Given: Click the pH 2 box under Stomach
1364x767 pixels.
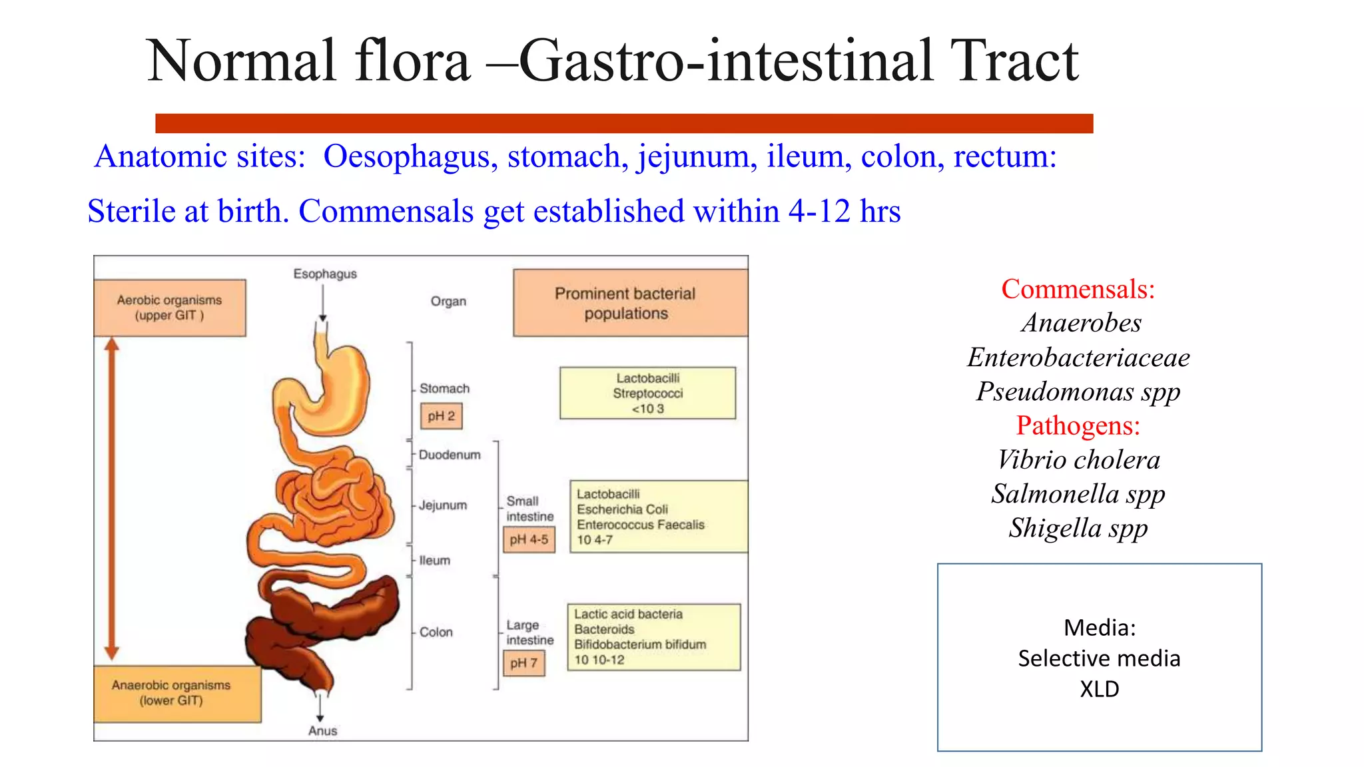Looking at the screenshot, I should click(441, 416).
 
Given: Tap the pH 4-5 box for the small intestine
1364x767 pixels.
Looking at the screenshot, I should click(529, 539).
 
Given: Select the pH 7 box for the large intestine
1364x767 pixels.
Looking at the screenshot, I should click(523, 663).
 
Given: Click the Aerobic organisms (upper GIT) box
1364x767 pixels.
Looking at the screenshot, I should click(170, 308).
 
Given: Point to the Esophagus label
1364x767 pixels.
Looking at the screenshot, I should click(325, 274).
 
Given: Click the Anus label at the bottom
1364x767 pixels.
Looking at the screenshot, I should click(322, 730).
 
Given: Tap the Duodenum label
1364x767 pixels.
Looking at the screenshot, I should click(450, 455).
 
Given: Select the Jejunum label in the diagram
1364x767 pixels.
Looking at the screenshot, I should click(443, 505).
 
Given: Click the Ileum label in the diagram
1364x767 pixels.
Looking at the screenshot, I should click(434, 561).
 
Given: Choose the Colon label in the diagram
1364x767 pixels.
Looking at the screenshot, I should click(436, 632).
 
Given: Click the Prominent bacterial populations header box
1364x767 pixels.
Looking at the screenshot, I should click(629, 303).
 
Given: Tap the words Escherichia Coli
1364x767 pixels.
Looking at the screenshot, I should click(622, 509).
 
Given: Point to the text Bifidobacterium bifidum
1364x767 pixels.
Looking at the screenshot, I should click(639, 644).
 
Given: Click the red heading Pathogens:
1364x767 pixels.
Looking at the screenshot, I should click(1078, 425).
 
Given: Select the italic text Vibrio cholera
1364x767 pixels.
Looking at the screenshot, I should click(1078, 459).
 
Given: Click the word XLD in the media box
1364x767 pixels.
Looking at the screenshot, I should click(1099, 688).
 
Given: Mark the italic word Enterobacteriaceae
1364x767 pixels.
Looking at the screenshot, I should click(1078, 358).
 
